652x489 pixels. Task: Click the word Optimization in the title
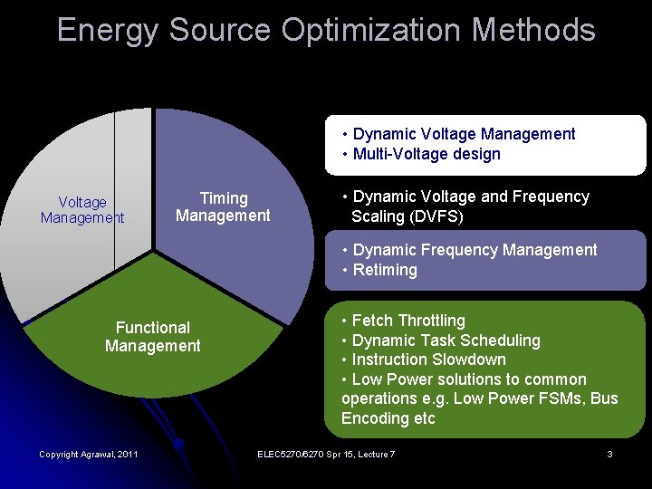click(372, 30)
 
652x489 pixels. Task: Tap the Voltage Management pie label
click(82, 210)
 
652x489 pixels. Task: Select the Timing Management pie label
click(223, 206)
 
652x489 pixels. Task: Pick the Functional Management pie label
click(153, 337)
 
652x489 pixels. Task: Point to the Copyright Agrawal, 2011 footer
click(89, 454)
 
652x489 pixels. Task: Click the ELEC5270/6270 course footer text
click(326, 454)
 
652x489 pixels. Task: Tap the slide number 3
click(610, 454)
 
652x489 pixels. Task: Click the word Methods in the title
click(533, 30)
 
